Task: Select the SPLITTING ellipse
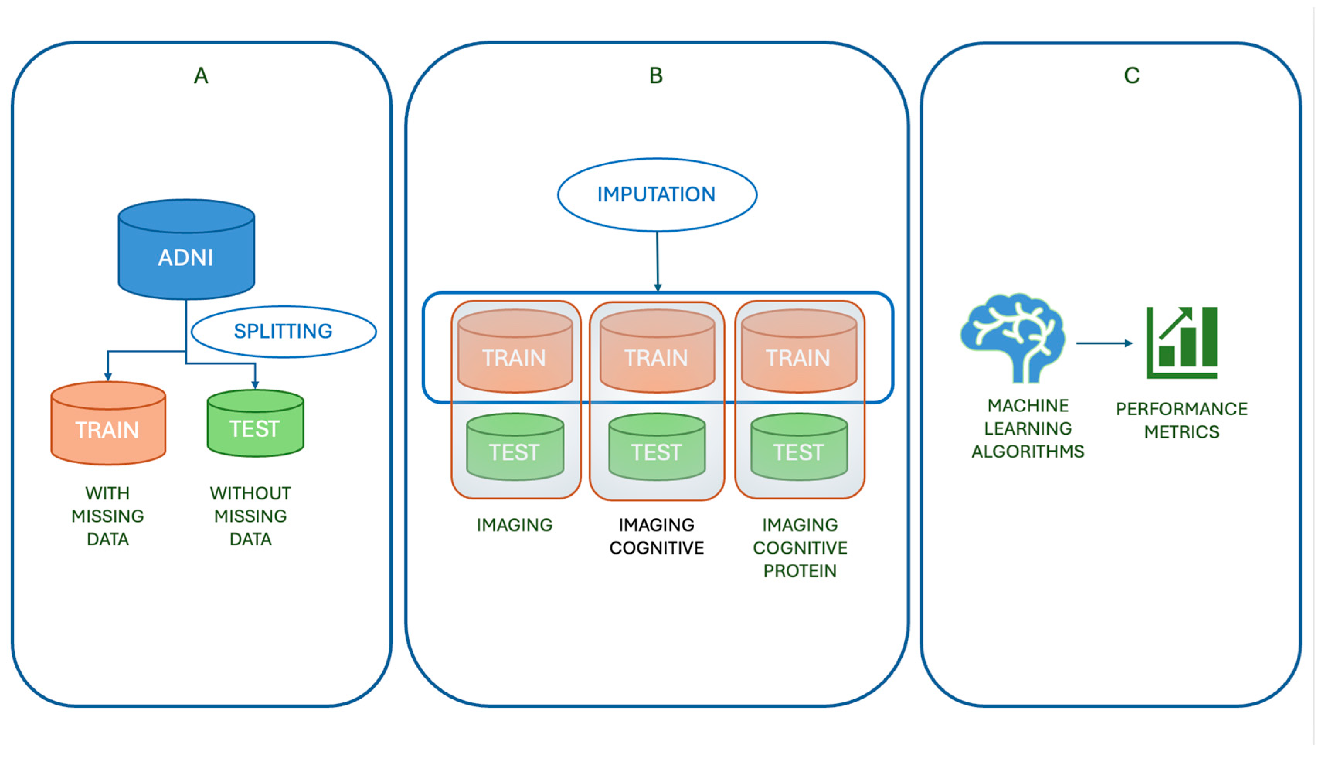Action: (283, 331)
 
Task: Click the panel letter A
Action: (201, 76)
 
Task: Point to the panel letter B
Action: (656, 76)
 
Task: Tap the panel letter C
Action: (1131, 76)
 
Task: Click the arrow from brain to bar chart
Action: (1103, 343)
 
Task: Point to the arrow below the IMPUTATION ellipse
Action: (657, 261)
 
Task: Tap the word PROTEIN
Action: (800, 571)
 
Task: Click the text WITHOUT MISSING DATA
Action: (250, 516)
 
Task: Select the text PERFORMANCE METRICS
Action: (1181, 420)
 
